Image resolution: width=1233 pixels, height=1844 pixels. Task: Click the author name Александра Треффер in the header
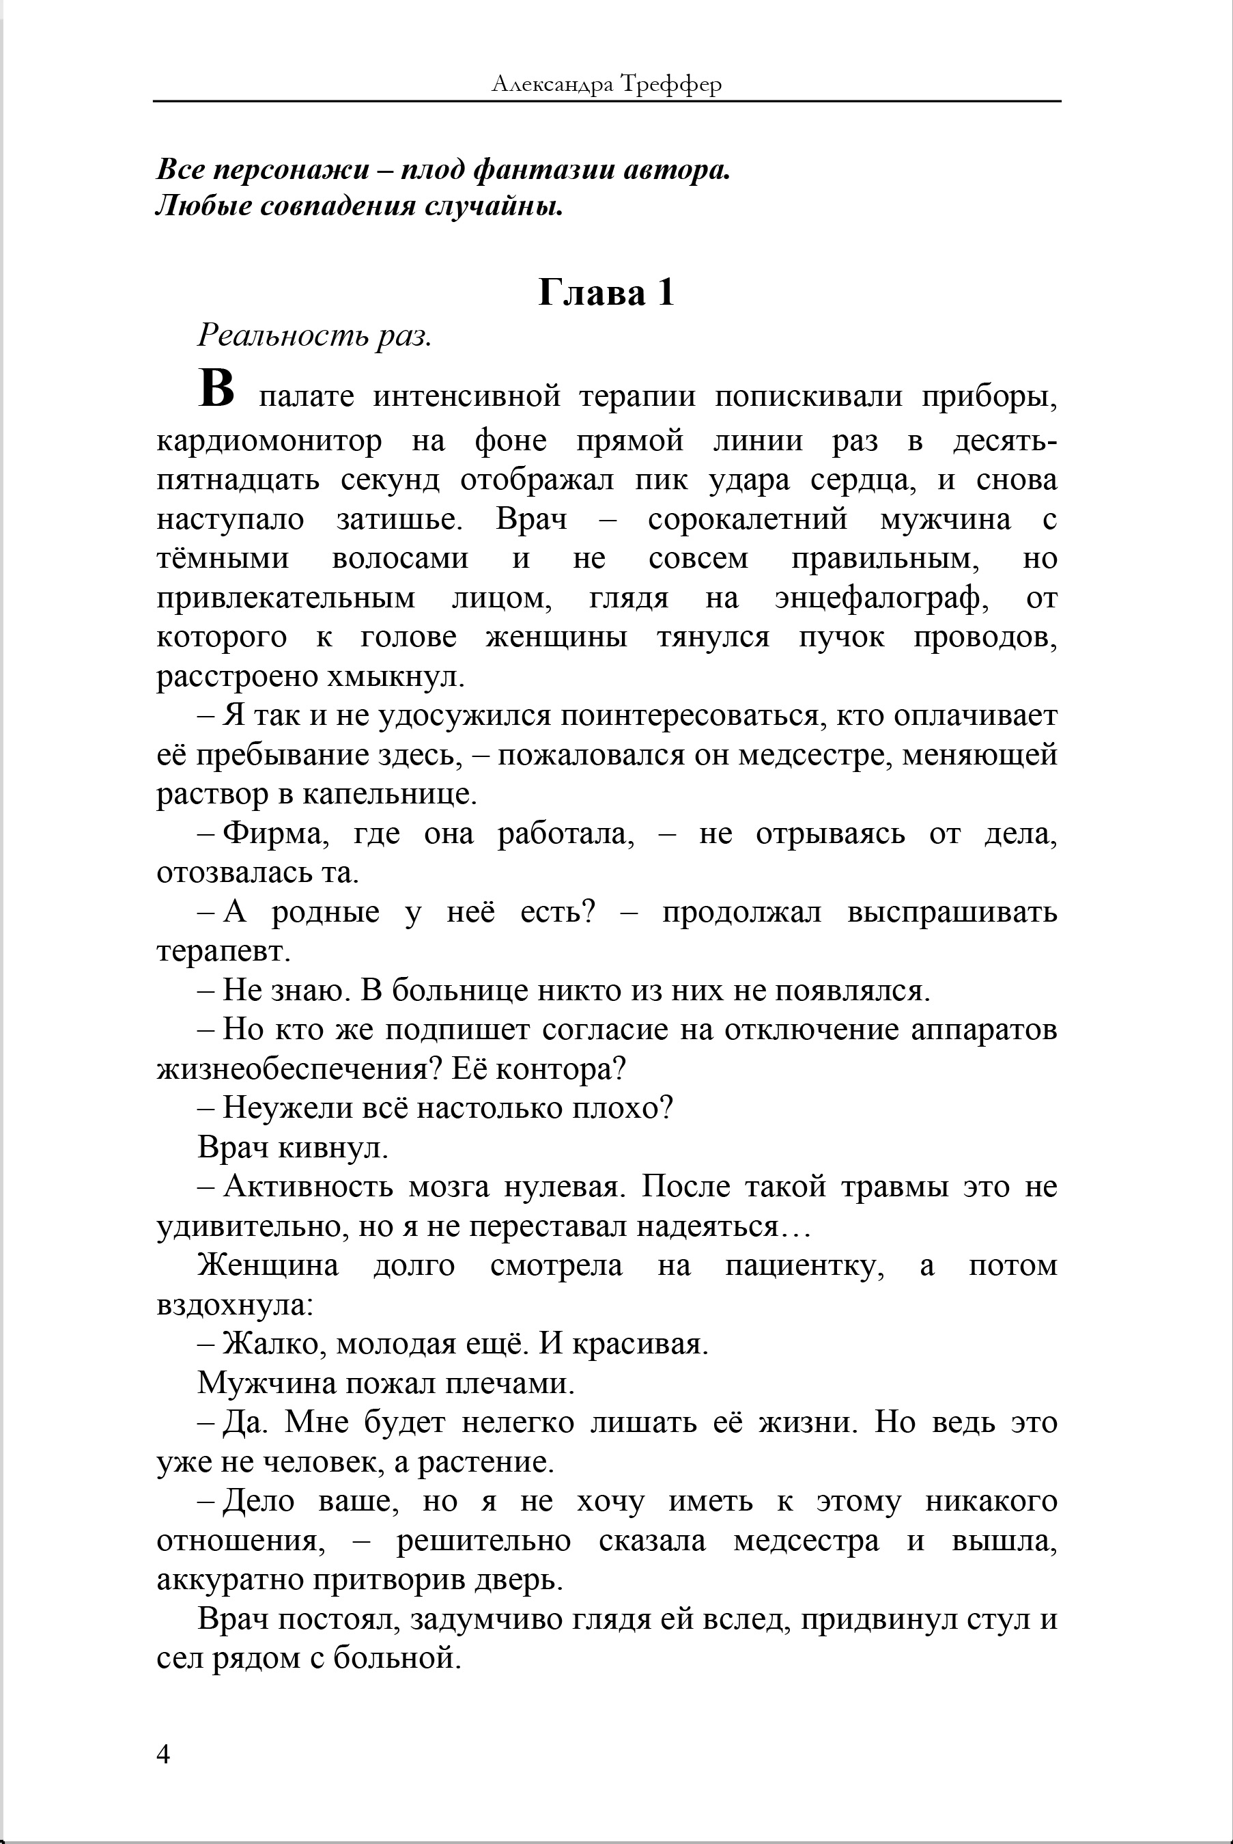coord(606,83)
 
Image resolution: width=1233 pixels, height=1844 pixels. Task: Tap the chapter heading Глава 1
coord(606,292)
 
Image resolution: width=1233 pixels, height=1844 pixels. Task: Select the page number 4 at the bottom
coord(164,1754)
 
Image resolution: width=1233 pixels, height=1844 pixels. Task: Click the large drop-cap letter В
coord(216,390)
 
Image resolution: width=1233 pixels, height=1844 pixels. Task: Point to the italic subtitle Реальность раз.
coord(315,336)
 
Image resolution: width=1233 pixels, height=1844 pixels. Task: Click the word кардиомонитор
coord(269,441)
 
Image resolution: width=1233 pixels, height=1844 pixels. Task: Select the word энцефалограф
coord(877,598)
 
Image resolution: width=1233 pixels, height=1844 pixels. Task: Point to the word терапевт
coord(223,951)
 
